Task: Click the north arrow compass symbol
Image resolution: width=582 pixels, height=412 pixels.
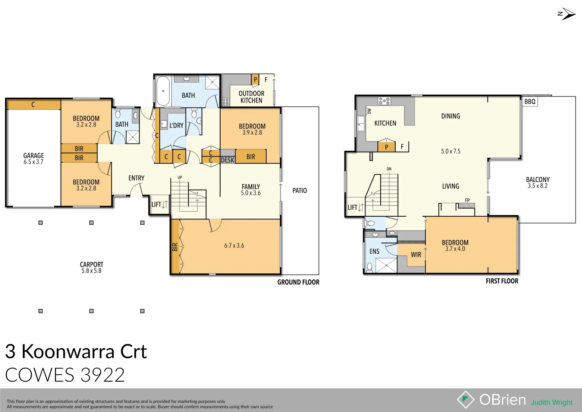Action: point(567,14)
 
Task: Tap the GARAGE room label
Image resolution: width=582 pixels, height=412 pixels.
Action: point(34,158)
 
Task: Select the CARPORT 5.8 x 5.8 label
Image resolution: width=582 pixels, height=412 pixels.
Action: point(91,267)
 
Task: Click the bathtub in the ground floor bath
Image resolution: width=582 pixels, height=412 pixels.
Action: point(163,91)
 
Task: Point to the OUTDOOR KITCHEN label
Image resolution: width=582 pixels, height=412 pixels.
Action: point(251,97)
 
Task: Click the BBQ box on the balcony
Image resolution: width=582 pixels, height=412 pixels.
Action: point(529,101)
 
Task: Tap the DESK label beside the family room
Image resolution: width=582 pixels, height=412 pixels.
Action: point(228,160)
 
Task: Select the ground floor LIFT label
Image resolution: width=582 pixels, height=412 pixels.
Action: point(156,204)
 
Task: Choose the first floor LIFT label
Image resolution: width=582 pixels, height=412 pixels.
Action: point(353,208)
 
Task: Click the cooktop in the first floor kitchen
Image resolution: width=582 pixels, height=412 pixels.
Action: point(384,101)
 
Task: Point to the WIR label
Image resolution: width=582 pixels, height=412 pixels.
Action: point(416,254)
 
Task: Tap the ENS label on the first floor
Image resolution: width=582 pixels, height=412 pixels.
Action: point(374,251)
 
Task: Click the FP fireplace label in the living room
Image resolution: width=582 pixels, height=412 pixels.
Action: point(467,200)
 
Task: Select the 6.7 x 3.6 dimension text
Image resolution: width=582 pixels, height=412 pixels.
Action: point(234,245)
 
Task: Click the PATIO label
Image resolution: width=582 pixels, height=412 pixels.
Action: point(300,190)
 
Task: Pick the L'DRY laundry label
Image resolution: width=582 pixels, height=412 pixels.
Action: point(176,125)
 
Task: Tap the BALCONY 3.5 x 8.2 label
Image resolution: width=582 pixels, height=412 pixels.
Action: point(537,182)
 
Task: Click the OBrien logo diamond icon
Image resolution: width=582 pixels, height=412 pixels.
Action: point(465,399)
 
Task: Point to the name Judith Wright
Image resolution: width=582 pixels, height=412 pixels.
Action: point(552,402)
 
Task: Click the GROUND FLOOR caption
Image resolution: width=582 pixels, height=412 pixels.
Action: point(298,282)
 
